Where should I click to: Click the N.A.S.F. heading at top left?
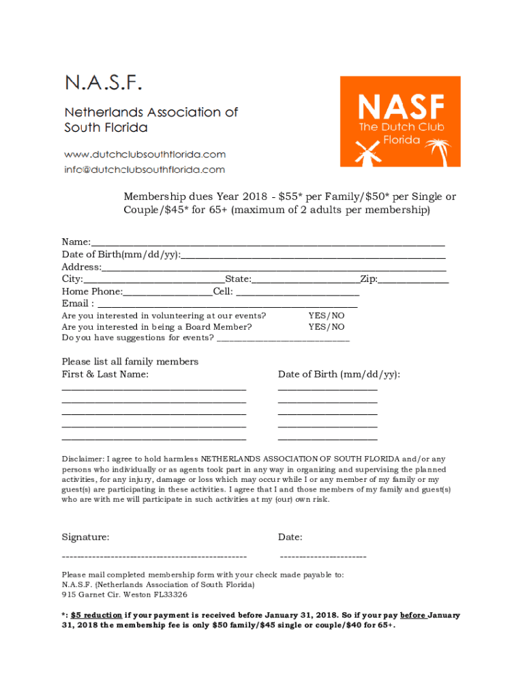click(104, 84)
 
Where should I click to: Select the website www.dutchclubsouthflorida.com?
click(145, 154)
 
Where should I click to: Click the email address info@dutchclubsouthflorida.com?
click(144, 169)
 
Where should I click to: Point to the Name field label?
click(76, 242)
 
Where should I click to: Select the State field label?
click(238, 279)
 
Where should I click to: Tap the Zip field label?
click(369, 279)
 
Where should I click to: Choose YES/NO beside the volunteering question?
click(327, 315)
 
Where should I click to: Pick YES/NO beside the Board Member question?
click(327, 326)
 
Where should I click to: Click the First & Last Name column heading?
click(105, 374)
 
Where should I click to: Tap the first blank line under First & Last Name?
click(153, 388)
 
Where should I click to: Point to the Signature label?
click(85, 537)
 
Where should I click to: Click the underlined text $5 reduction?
click(96, 614)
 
